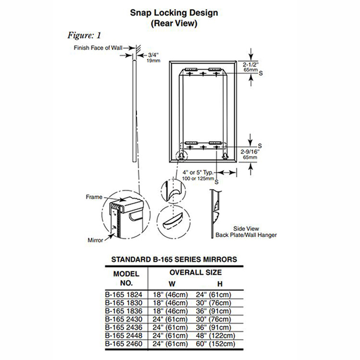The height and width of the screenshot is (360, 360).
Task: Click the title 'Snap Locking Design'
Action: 174,13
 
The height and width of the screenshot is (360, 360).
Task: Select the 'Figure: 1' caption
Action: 84,35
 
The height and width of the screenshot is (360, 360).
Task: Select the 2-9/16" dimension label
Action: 251,152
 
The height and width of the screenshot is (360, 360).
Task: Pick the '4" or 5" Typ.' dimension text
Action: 198,172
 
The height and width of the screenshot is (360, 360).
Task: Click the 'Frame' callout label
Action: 94,197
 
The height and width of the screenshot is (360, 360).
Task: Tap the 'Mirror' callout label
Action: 95,240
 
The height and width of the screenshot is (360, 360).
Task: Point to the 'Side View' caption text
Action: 246,229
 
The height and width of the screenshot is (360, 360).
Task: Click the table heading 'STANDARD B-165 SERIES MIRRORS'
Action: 174,259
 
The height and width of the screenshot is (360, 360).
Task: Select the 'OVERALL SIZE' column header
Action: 195,272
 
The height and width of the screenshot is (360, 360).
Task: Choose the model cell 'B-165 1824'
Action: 124,295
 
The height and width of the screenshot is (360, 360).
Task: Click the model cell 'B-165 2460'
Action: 124,344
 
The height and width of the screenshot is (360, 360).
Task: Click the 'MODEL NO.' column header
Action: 126,279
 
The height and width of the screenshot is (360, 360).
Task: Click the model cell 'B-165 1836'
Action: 124,311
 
